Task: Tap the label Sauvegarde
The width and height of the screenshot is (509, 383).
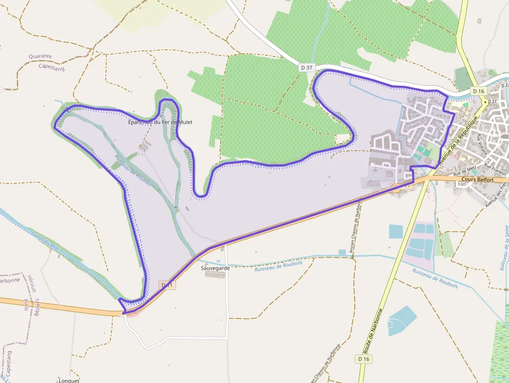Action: coord(216,268)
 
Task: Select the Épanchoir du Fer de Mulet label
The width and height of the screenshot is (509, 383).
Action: coord(160,122)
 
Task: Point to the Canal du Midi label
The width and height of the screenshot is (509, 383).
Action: coord(43,239)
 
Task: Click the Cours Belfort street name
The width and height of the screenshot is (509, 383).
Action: coord(477,179)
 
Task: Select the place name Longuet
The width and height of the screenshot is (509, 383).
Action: coord(69,380)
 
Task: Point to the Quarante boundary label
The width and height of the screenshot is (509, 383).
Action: coord(40,56)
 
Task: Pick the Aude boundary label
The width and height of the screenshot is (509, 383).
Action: coord(25,305)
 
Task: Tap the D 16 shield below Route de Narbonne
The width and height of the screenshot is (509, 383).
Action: coord(364,359)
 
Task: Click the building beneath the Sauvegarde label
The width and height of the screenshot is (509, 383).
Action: coord(215,274)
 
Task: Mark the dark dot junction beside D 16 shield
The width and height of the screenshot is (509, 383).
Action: coord(486,102)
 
